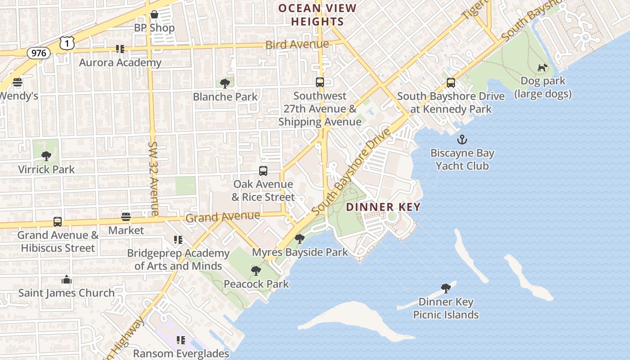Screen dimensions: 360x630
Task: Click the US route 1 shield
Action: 66,43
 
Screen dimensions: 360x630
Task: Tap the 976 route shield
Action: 39,53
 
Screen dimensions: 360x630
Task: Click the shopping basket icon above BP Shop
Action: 154,14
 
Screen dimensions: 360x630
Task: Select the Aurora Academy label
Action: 120,63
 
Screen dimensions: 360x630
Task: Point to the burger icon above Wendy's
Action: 18,83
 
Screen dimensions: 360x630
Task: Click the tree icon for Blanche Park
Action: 225,83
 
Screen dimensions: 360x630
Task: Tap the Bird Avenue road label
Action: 297,45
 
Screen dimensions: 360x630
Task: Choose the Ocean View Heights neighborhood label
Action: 317,15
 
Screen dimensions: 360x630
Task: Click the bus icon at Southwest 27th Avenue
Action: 320,82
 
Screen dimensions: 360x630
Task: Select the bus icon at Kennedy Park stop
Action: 451,83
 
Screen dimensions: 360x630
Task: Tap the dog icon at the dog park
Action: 543,67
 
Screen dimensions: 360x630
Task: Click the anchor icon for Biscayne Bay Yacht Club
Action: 462,139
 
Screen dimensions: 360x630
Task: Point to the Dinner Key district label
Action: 383,207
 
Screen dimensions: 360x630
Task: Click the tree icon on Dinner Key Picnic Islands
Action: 446,288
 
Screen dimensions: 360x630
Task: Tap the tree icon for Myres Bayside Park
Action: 300,239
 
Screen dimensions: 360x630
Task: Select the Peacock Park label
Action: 256,284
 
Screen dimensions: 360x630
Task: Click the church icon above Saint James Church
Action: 67,279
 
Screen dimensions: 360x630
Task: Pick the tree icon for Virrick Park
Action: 46,156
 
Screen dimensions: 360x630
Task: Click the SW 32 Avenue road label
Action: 153,179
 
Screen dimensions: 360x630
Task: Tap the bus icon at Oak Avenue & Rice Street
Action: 263,171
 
